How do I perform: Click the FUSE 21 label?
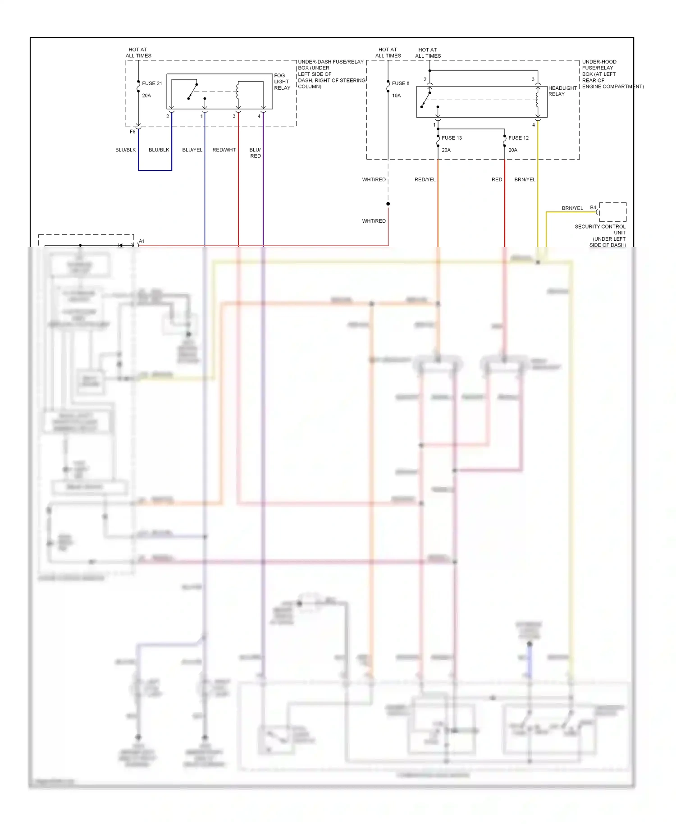152,83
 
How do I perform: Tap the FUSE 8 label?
400,83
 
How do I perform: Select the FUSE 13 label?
452,138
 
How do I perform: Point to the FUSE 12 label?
518,138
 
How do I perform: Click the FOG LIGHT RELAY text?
282,82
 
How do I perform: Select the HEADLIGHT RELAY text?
562,91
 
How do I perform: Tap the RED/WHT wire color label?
224,150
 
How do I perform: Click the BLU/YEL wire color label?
192,150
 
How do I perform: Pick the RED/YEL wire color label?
425,179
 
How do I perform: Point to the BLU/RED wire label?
255,153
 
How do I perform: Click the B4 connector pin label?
593,208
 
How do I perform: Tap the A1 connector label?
142,241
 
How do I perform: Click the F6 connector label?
132,132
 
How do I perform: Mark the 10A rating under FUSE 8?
396,96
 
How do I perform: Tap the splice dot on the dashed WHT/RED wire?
388,204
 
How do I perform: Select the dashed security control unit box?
612,212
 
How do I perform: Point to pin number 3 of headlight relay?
533,79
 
